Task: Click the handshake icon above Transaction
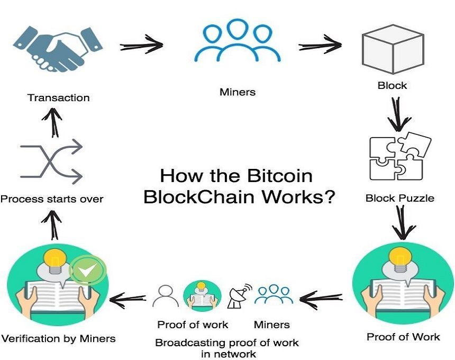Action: coord(58,49)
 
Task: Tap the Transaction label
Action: coord(59,98)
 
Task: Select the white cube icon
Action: coord(393,49)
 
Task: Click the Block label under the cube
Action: coord(393,86)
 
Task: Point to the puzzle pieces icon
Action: coord(399,157)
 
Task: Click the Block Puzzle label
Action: coord(400,199)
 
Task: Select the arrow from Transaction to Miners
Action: coord(142,45)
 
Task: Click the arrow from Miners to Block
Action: coord(320,45)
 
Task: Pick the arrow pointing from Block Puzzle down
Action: coord(402,222)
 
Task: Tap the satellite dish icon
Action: coord(239,296)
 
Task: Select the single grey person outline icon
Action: coord(166,296)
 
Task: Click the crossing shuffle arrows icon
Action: coord(51,161)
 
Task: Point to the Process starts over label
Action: coord(52,199)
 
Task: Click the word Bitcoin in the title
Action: coord(280,176)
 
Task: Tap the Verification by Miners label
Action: coord(58,338)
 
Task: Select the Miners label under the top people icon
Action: coord(238,92)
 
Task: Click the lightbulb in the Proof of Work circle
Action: coord(401,260)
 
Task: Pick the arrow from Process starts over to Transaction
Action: coord(52,122)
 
